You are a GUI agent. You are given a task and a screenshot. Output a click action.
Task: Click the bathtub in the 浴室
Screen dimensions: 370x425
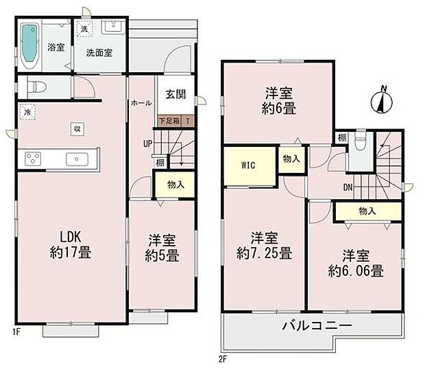pyautogui.click(x=29, y=45)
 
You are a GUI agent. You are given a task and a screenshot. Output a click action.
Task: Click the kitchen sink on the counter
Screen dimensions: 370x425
pyautogui.click(x=75, y=159)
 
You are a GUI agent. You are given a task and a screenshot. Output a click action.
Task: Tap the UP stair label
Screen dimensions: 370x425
pyautogui.click(x=147, y=144)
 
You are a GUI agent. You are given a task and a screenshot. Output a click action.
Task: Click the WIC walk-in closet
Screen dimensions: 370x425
pyautogui.click(x=248, y=165)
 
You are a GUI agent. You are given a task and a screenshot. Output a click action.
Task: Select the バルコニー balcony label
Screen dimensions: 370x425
pyautogui.click(x=317, y=325)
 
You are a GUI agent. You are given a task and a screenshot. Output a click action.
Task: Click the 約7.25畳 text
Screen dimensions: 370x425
pyautogui.click(x=265, y=253)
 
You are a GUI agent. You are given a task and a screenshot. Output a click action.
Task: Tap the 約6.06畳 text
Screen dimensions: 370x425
pyautogui.click(x=354, y=270)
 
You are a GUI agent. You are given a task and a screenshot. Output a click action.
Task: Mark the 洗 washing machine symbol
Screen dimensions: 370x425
pyautogui.click(x=83, y=29)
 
